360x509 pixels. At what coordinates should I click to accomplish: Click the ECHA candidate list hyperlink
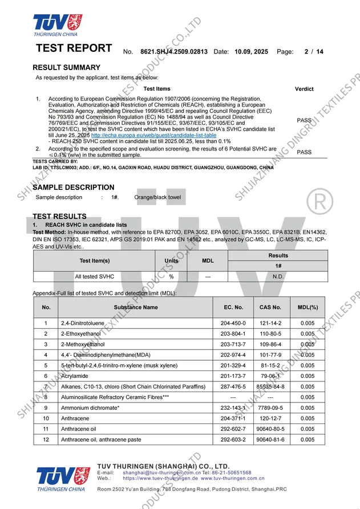coord(153,135)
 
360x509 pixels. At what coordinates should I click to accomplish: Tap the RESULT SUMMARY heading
coord(67,67)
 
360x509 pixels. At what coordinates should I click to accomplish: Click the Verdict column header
coord(304,89)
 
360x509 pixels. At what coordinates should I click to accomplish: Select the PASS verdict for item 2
coord(304,152)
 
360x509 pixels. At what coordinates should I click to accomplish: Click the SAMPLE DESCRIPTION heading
coord(74,187)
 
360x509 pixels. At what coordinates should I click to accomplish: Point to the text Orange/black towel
coord(157,197)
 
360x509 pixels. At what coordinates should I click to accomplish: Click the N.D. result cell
coord(278,276)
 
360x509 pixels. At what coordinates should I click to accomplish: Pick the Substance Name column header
coord(136,307)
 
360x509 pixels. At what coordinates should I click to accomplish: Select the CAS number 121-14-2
coord(270,323)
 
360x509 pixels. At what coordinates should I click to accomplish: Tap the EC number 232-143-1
coord(233,408)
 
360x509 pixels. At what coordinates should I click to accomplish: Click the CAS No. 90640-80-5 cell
coord(270,429)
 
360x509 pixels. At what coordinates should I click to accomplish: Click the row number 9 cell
coord(46,408)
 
